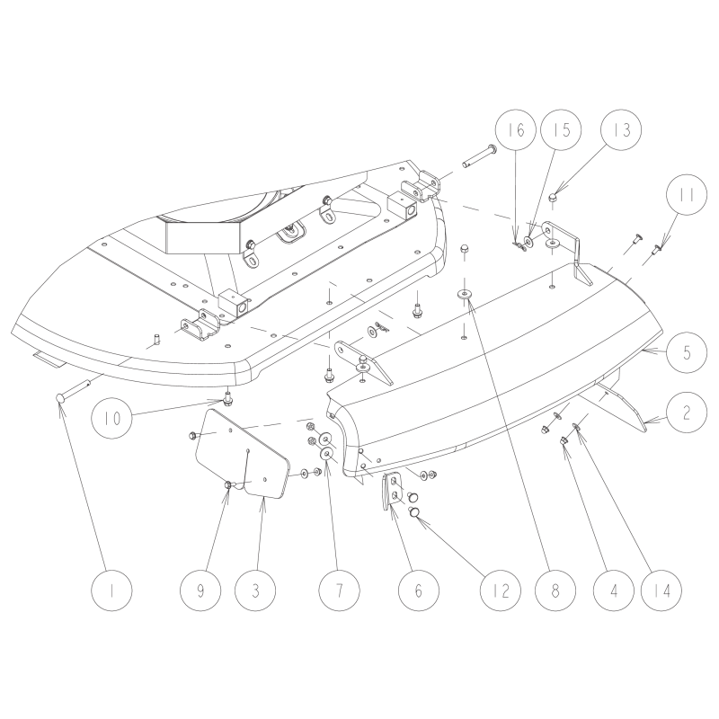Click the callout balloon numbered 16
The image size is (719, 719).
516,130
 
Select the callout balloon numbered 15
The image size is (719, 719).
561,129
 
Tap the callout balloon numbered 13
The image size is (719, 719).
621,129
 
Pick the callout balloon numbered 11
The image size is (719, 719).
687,194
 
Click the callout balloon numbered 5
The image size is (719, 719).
687,352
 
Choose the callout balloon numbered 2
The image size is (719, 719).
687,413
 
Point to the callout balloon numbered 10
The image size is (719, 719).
111,419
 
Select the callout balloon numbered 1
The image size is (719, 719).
111,590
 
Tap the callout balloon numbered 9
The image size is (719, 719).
200,590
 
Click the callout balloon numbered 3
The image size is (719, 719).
255,590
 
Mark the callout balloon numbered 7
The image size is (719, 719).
340,590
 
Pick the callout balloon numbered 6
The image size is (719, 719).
418,590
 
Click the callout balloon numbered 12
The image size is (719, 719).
501,590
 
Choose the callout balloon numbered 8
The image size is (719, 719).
555,590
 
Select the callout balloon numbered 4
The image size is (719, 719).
614,590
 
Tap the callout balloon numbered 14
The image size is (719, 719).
661,590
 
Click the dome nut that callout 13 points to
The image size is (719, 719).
553,198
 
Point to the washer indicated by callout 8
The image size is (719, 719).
466,294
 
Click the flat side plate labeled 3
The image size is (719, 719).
243,454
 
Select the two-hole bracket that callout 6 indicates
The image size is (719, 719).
391,491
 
